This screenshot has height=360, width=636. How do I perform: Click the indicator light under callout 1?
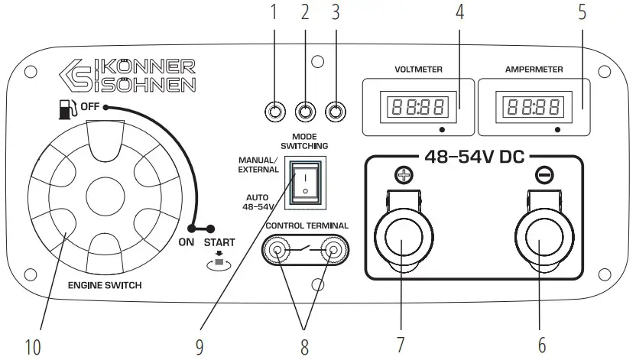point(275,113)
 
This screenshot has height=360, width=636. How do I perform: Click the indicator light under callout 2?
point(305,113)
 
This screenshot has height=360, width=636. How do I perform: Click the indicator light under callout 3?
point(334,113)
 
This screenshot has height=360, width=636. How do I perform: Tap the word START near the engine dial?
point(219,242)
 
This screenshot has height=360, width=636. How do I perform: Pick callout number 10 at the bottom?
point(32,346)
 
